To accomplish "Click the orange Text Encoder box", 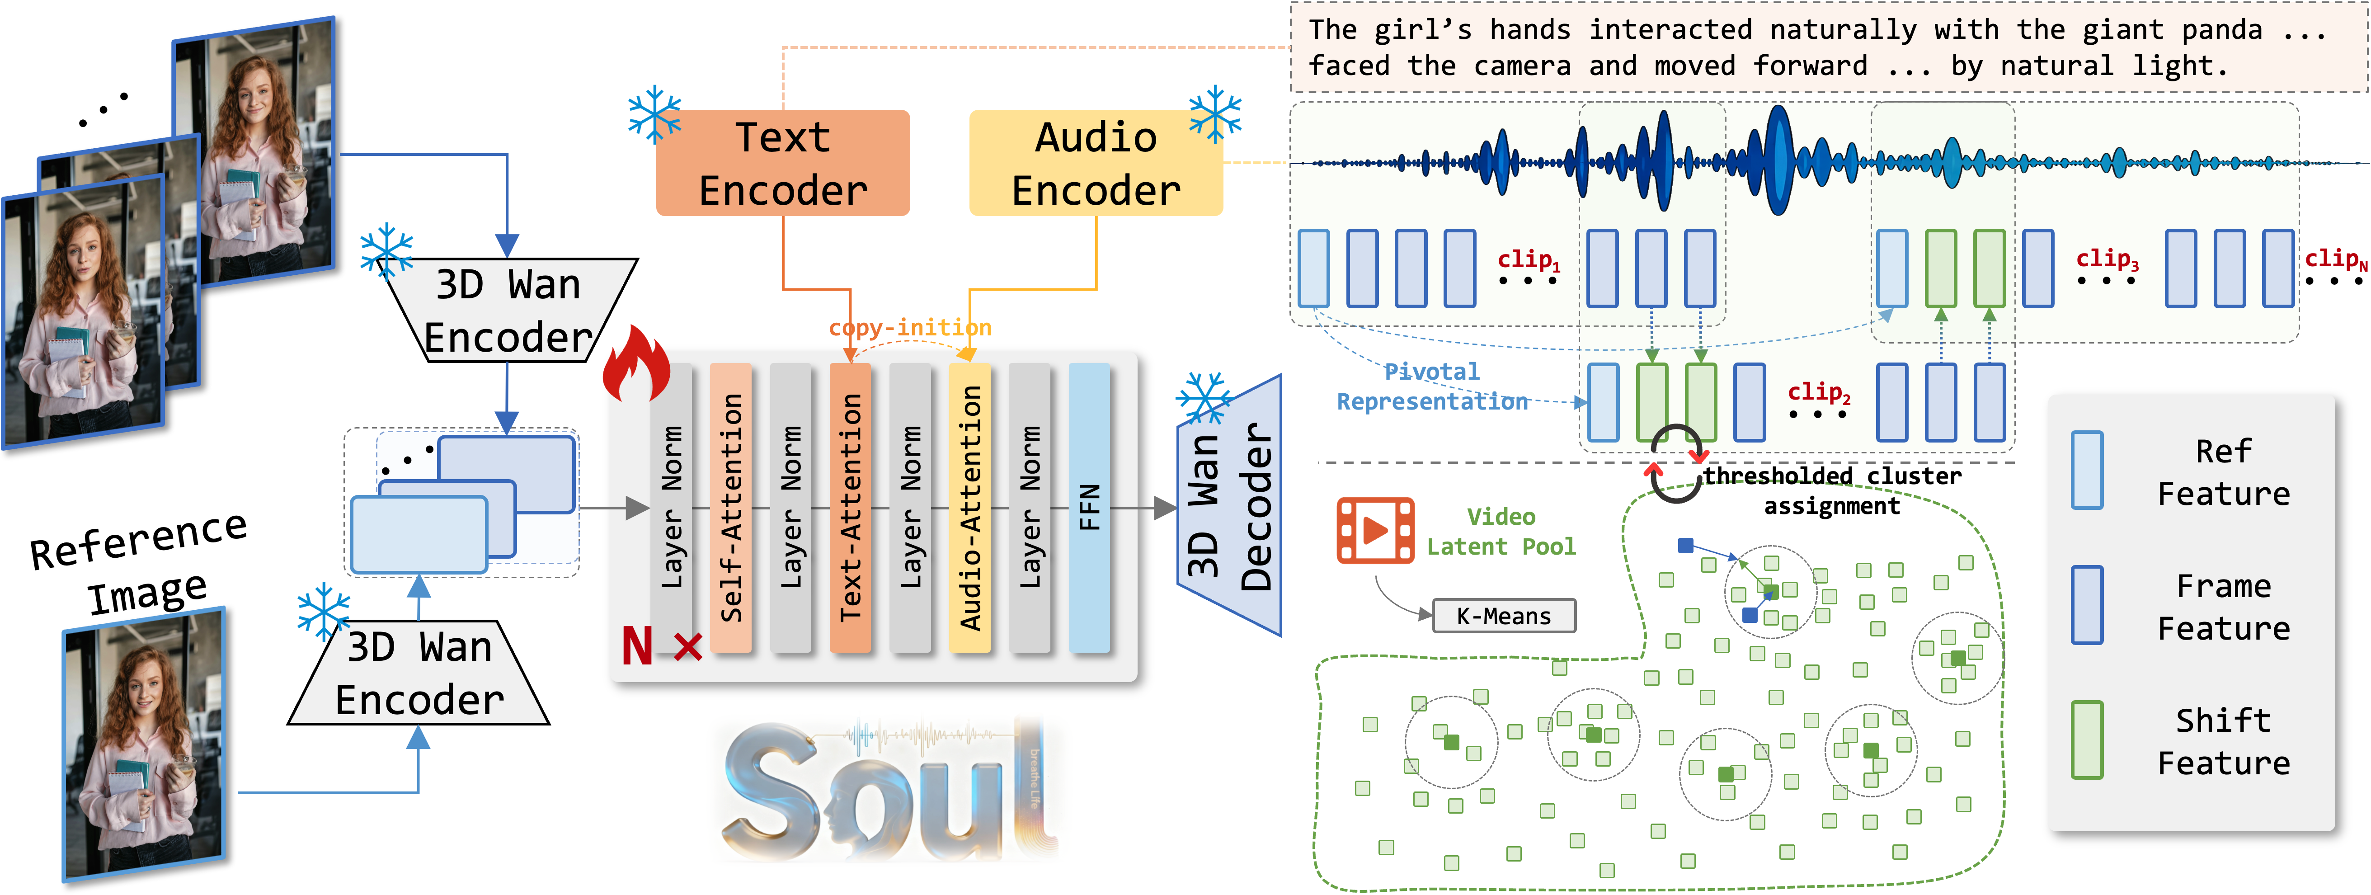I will point(782,163).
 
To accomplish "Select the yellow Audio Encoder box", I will point(1095,163).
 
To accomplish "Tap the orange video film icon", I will point(1375,530).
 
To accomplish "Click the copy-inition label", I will point(909,328).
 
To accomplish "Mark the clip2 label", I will point(1818,392).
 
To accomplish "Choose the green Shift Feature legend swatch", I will point(2087,740).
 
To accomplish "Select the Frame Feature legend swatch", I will point(2087,605).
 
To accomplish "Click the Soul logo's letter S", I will point(772,792).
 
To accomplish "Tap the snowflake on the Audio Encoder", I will point(1215,115).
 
